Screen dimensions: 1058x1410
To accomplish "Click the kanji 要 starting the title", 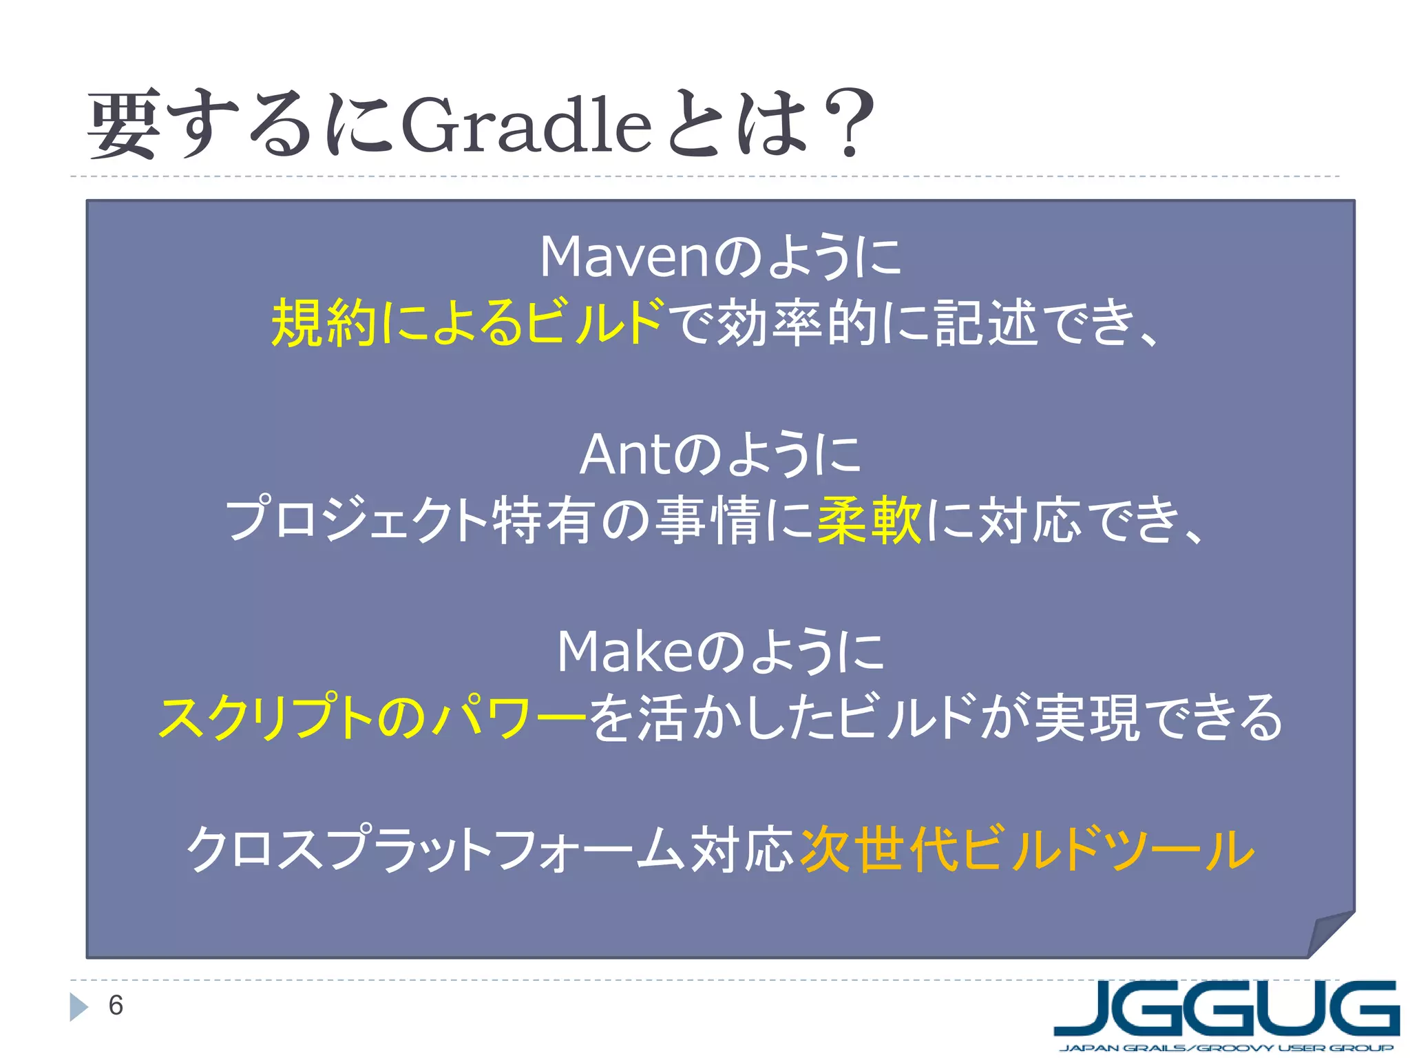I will [x=124, y=125].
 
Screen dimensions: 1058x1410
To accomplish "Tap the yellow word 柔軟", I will [x=870, y=521].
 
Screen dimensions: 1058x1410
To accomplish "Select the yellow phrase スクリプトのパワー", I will [x=372, y=718].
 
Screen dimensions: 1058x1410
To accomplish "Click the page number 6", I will [x=116, y=1006].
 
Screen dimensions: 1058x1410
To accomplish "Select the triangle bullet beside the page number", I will [x=78, y=1007].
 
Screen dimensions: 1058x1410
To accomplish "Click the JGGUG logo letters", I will [x=1225, y=1007].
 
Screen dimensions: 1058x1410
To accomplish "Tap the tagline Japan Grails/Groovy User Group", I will [x=1225, y=1048].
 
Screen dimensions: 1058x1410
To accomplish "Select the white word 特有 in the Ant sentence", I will [x=543, y=521].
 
